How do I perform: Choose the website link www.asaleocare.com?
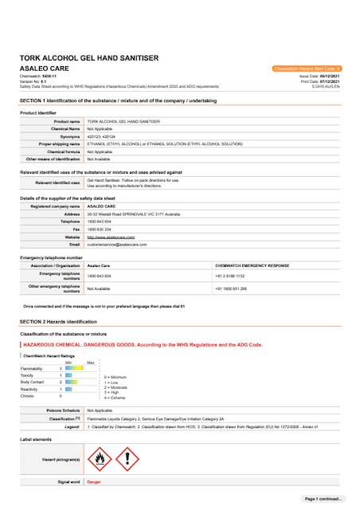click(110, 237)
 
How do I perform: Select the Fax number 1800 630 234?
click(100, 229)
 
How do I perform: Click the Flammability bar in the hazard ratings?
click(73, 368)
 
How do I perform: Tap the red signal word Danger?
click(94, 482)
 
